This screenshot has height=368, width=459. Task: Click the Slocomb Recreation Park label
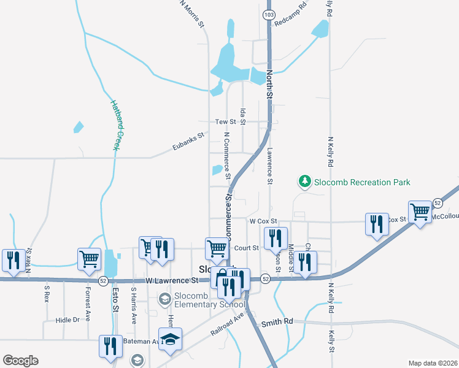362,182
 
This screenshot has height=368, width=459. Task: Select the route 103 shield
268,14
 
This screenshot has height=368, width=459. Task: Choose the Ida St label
243,117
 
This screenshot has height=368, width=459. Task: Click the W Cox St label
263,221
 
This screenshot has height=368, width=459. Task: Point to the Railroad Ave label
228,323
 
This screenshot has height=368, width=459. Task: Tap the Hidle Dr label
67,320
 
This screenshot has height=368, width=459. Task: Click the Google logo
20,361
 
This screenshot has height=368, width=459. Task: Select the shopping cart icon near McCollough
420,213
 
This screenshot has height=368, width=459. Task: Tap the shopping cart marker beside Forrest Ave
89,259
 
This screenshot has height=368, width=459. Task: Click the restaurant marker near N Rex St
13,259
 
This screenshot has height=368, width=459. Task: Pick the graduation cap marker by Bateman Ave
170,339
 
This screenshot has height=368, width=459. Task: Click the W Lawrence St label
173,280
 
